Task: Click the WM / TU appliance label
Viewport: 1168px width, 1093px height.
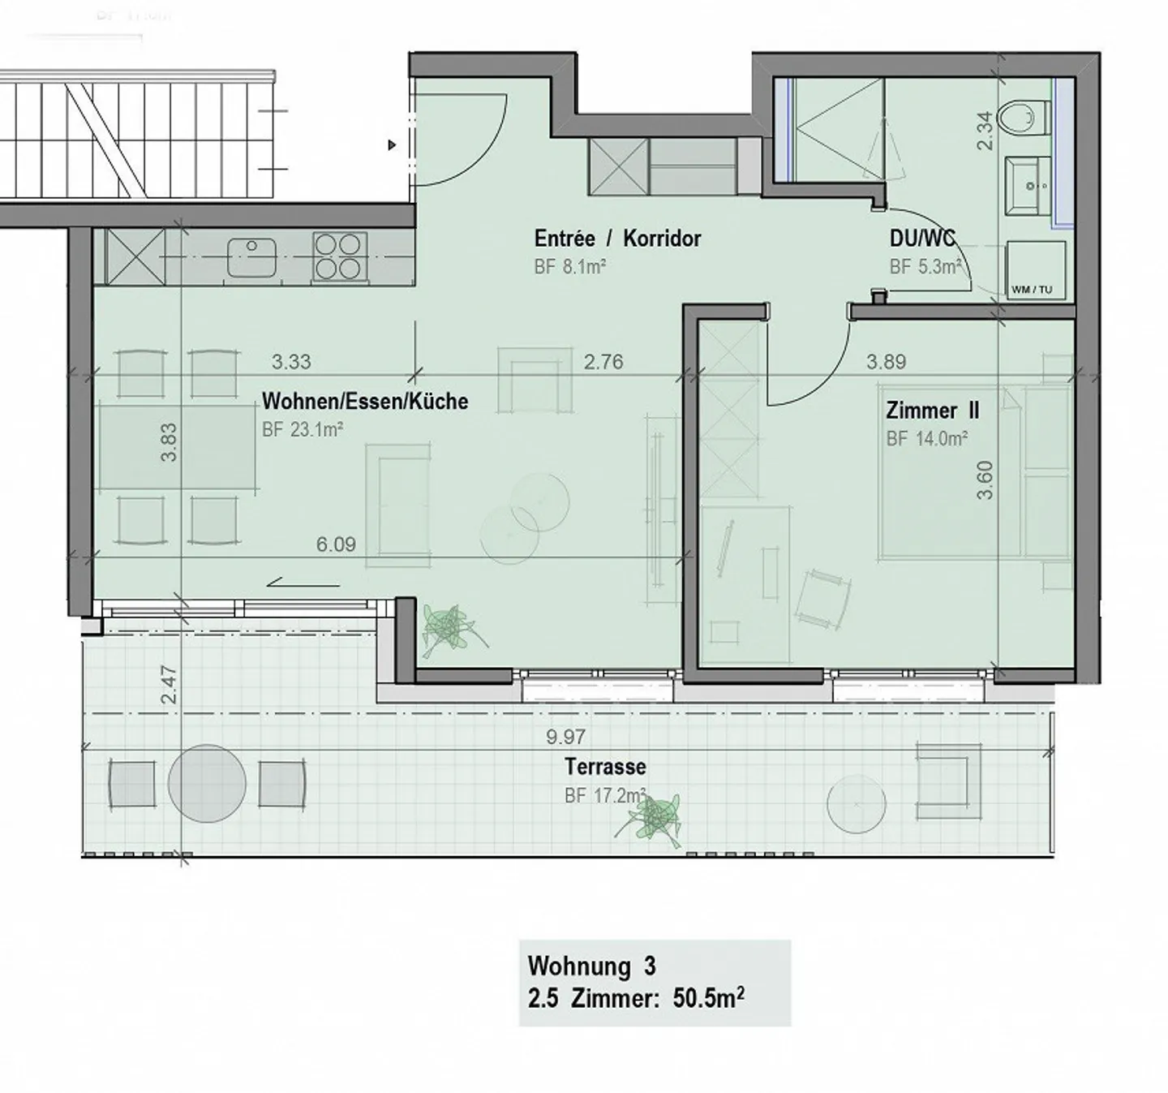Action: coord(1032,290)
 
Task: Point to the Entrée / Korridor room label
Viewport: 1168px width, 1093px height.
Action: coord(617,239)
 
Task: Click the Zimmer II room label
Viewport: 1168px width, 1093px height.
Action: coord(932,411)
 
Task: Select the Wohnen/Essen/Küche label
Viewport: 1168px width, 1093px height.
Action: coord(365,401)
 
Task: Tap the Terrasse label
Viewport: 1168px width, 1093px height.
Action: coord(605,766)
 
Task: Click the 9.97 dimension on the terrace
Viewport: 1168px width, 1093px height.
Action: coord(565,737)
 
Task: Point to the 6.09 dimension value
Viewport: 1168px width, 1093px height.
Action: coord(336,544)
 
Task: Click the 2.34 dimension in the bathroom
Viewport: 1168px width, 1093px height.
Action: coord(985,131)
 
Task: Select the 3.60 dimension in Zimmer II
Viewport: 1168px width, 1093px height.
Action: coord(985,480)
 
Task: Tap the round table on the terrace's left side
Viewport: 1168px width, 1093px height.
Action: coord(207,784)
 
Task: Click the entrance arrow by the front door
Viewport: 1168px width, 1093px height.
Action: coord(393,145)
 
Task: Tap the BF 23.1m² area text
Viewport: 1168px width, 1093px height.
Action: coord(302,430)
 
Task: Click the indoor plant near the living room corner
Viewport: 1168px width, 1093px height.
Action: coord(448,627)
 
